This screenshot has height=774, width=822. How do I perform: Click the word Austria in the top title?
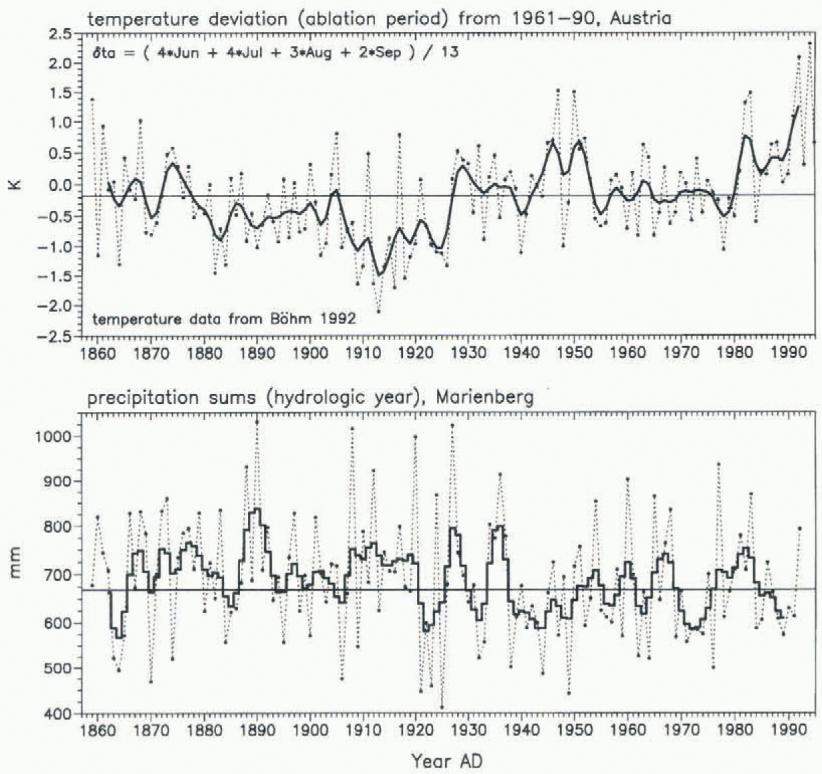[x=640, y=18]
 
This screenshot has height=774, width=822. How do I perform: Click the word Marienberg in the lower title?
[x=485, y=398]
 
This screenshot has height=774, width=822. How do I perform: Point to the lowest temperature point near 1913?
[x=379, y=312]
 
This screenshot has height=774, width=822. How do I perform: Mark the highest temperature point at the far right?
[x=810, y=43]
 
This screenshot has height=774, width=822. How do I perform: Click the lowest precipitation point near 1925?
[x=442, y=707]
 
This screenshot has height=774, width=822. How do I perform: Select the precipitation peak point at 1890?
[x=257, y=422]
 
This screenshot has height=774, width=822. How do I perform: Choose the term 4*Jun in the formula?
[x=178, y=53]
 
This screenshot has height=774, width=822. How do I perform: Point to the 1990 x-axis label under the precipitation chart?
[x=787, y=730]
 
